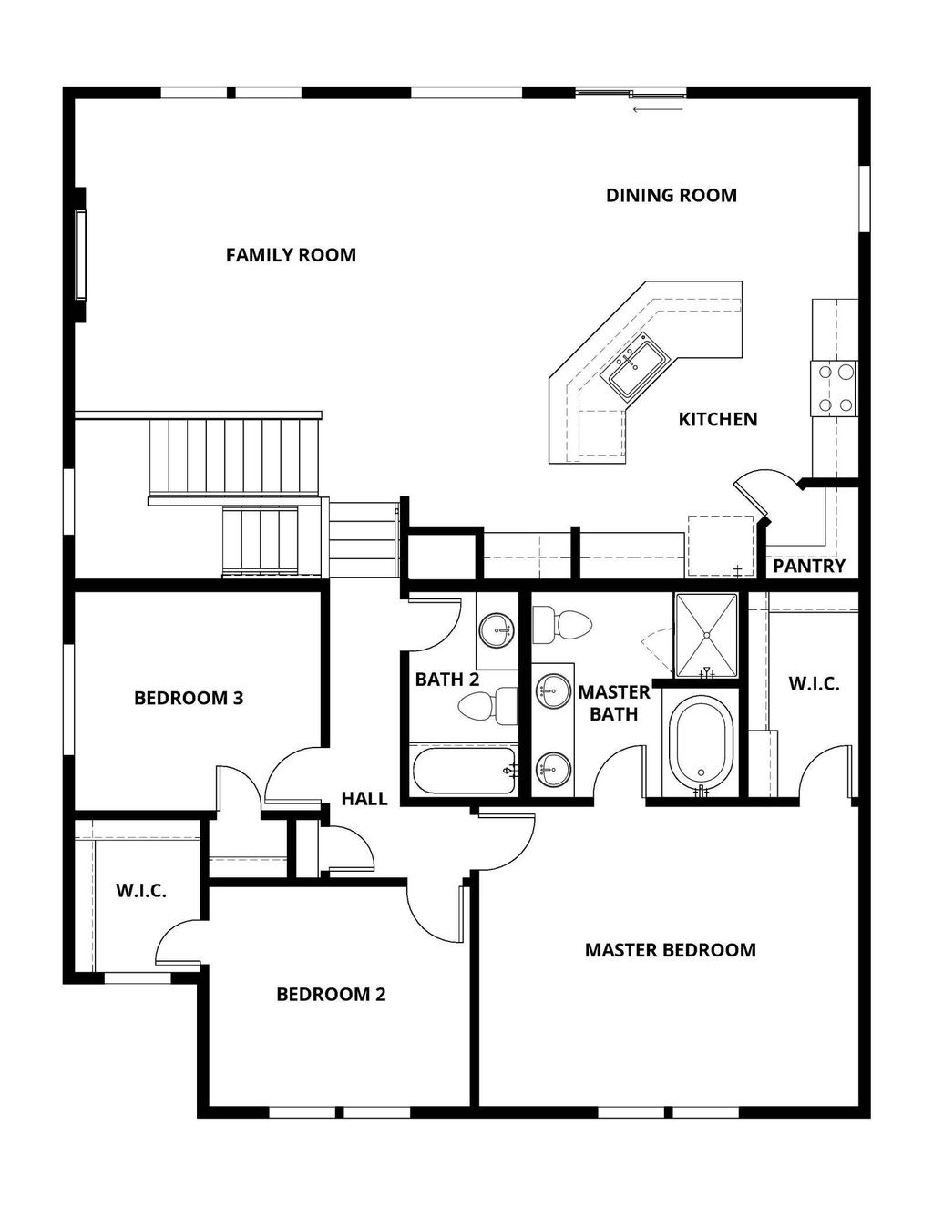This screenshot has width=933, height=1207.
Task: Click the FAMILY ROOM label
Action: [291, 255]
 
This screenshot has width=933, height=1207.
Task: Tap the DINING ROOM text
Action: [671, 195]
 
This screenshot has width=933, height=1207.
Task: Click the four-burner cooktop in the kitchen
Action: [834, 387]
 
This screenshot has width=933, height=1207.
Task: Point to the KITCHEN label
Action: [717, 419]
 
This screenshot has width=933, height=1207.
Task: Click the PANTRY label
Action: [809, 566]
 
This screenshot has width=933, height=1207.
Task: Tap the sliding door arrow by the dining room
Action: [657, 109]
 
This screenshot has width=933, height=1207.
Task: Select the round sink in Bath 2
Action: [497, 629]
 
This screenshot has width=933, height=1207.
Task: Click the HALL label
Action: [364, 799]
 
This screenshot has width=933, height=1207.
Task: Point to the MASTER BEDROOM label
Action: [670, 950]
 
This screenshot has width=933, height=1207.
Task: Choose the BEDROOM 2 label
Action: [331, 994]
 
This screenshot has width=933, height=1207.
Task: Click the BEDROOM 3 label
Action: [189, 699]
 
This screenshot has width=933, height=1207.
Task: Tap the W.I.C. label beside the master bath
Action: [814, 683]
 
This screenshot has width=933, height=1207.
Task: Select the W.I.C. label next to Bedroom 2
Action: [141, 891]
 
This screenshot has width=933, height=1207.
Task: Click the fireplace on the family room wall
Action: [81, 254]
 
